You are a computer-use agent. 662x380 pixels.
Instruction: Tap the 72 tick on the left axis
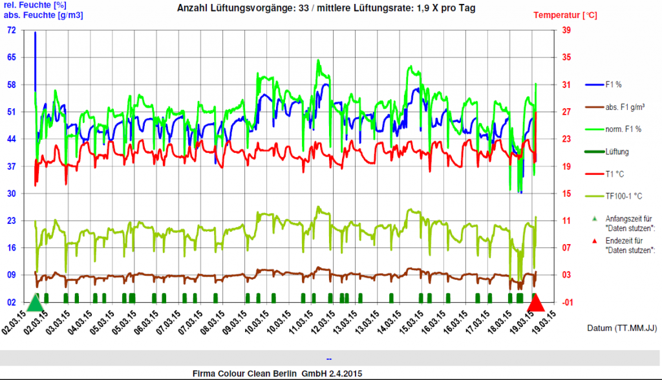pos(12,30)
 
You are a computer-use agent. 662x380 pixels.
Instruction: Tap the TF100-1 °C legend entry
pos(621,196)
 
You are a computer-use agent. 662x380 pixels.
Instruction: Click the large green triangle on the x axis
pos(36,303)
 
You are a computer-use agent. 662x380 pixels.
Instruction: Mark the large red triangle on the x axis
pos(536,303)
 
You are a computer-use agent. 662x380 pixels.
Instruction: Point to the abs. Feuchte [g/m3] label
pos(34,14)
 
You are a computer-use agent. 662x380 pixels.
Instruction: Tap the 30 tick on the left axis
pos(12,194)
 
